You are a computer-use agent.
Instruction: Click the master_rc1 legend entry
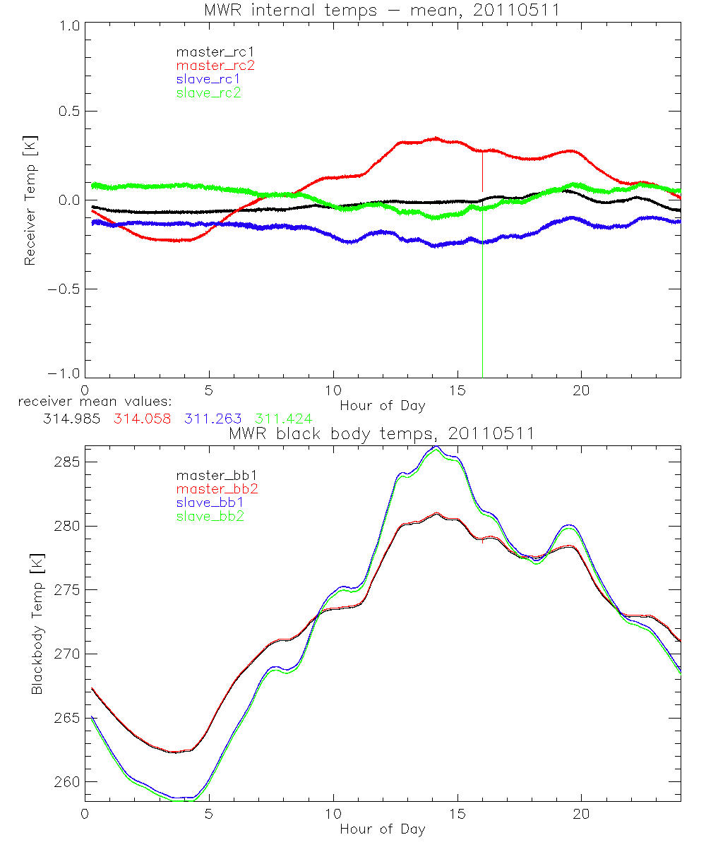pos(208,52)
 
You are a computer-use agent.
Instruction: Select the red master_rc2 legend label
pos(208,65)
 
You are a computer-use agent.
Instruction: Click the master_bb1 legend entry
pos(208,476)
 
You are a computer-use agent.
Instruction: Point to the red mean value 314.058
pos(141,419)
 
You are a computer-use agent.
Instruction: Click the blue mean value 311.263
pos(209,419)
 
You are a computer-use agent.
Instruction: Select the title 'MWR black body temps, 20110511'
pos(382,434)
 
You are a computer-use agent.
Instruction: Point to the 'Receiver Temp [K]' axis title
pos(30,200)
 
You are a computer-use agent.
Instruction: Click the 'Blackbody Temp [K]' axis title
pos(37,623)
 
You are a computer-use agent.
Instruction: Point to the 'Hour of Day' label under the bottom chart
pos(382,829)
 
